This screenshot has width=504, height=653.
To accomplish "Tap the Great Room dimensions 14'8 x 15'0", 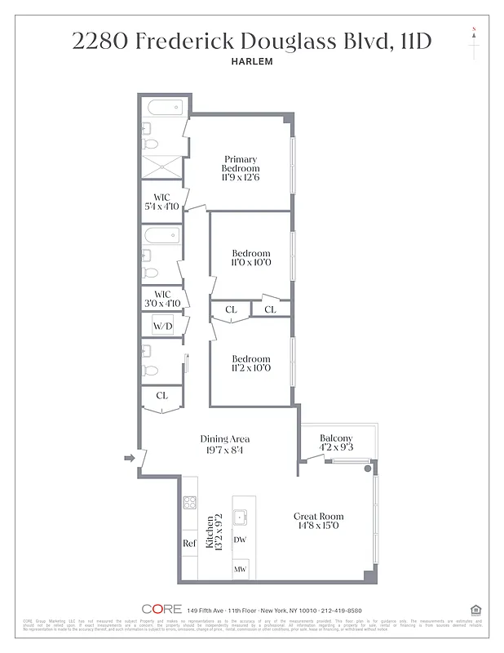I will point(319,526).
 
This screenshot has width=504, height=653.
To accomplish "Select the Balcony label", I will point(336,438).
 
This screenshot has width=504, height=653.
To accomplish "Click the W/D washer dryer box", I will point(163,326).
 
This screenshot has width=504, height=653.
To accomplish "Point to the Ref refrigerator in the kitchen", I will point(189,543).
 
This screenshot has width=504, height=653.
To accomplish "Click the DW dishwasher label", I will point(240,540).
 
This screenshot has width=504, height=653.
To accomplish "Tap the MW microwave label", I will point(240,569).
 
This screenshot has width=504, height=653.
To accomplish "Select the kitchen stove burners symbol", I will point(190,504).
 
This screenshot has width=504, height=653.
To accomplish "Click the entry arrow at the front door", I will point(128,460).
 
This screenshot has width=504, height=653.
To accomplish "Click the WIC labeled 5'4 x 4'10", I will point(161,201).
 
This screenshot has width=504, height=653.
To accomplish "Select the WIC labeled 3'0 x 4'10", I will point(161,298).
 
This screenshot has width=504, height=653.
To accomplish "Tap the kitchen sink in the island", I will point(241,515).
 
